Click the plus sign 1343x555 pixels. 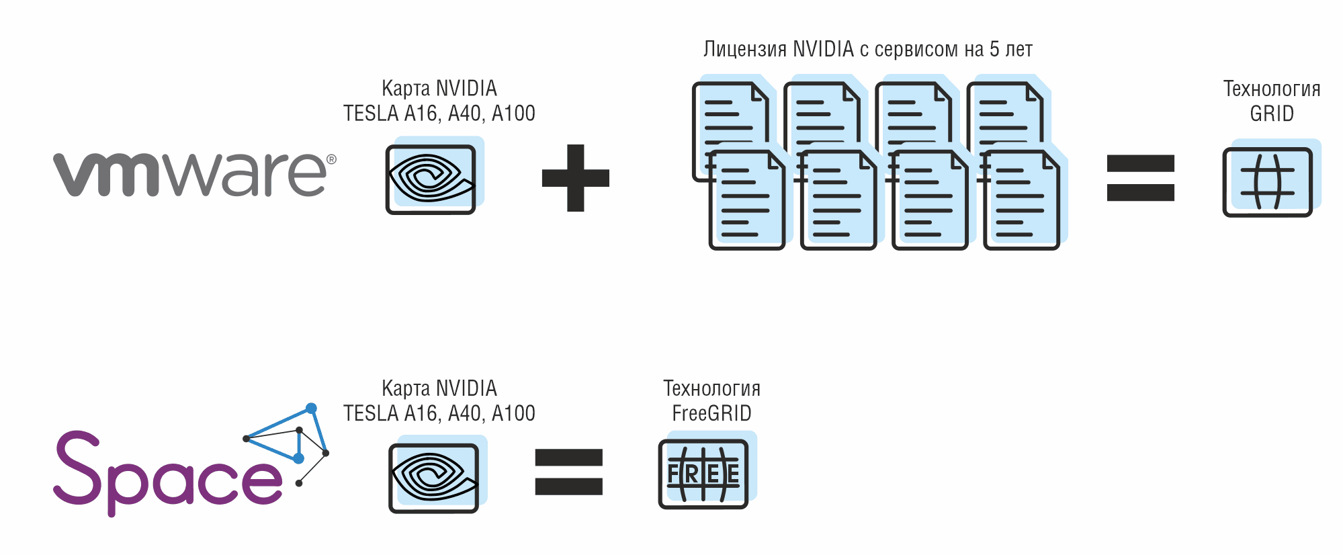coord(575,178)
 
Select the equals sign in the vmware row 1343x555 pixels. coord(1140,178)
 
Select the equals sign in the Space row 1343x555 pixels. coord(568,472)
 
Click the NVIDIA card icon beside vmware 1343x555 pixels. coord(431,179)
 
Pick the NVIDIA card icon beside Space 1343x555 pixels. coord(434,478)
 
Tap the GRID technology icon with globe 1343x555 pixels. coord(1267,182)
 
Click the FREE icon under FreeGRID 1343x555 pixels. coord(703,474)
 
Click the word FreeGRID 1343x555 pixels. coord(711,413)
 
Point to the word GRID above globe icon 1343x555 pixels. coord(1272,114)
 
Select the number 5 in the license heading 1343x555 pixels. coord(994,49)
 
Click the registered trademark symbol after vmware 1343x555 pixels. coord(331,159)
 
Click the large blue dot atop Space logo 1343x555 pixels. coord(311,408)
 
